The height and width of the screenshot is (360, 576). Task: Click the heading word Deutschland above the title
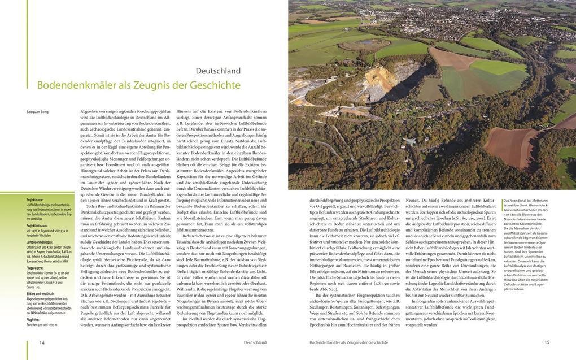(218, 71)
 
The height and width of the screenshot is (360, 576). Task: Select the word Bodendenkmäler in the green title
(76, 85)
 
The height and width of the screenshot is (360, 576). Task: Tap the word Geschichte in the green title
(215, 85)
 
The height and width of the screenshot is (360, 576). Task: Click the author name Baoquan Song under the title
(37, 112)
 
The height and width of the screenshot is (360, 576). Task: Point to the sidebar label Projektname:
(35, 199)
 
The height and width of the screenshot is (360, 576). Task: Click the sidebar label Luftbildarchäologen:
(40, 241)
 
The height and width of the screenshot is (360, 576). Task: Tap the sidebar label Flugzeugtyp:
(35, 267)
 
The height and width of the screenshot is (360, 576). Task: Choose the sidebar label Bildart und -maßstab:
(41, 293)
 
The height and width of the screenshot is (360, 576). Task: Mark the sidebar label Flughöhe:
(33, 319)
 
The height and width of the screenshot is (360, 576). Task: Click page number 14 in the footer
(42, 342)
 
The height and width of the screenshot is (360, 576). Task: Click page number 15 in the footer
(547, 342)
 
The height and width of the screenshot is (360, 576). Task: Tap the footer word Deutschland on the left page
(255, 342)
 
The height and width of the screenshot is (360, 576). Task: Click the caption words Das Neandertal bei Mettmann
(525, 201)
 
